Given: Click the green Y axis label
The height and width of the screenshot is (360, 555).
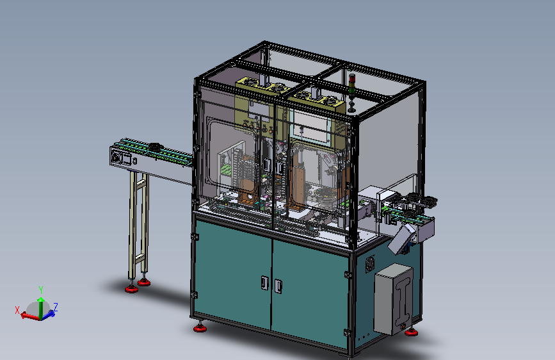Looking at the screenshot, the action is [41, 290].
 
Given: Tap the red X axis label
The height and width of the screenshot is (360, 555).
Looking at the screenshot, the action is [17, 311].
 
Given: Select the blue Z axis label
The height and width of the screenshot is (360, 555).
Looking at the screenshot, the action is [56, 307].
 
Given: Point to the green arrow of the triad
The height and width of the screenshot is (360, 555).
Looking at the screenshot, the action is [41, 307].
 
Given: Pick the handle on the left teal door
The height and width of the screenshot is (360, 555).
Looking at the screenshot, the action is [264, 282].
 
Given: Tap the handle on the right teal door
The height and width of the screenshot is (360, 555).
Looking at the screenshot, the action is [278, 286].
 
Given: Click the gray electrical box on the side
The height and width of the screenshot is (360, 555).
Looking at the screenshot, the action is [393, 299].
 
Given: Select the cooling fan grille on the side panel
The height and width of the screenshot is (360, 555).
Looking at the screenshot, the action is [370, 264].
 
